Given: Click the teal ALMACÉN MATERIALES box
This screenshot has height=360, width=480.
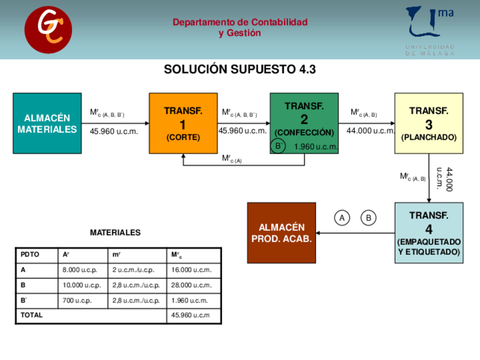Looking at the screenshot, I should pos(47,123).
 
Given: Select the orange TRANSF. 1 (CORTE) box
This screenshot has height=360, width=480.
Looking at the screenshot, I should pos(183,123).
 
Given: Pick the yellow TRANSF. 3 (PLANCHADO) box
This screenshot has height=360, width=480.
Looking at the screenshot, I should pos(428,123).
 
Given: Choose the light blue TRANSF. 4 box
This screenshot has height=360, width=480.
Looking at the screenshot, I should pos(428,233).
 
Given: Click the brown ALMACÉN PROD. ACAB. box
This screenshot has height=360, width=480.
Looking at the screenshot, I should pos(281,233).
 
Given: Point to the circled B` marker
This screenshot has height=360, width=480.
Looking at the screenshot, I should pos(278,147).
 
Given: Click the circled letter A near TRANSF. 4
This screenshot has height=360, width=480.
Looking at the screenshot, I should pos(342,217).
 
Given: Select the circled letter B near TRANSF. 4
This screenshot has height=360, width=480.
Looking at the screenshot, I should pos(368,217).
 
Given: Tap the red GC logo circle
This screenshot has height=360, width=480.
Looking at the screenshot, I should pos(48,30).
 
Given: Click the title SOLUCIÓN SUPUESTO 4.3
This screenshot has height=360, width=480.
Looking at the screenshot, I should pos(239,70).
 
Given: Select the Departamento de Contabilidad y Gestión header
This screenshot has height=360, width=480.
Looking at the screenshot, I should pos(240,28).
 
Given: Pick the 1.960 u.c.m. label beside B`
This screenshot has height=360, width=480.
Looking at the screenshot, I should pos(316,147).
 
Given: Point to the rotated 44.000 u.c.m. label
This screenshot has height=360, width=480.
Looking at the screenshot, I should pos(445,179).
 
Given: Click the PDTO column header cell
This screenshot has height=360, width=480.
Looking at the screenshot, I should pos(37,255).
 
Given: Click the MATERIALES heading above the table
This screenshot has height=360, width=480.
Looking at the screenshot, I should pos(115,233).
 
